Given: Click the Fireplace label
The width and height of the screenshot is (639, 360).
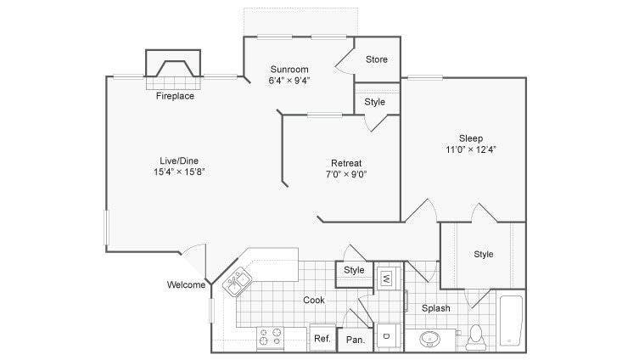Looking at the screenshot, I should pos(175,96).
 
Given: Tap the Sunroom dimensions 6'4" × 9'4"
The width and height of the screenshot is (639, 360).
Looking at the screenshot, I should pos(289,82).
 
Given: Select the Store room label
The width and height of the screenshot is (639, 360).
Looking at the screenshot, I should pos(377,59).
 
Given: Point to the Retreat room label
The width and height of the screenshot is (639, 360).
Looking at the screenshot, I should pos(346,163).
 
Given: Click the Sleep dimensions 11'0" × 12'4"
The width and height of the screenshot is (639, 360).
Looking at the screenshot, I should pos(471,149).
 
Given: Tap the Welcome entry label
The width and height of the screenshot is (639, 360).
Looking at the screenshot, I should pos(186,284).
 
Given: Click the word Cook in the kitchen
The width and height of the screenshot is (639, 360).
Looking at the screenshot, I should pos(315,299).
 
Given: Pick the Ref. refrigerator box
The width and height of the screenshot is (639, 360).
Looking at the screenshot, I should pos(322,338).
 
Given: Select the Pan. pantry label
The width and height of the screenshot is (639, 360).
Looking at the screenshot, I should pos(355,339).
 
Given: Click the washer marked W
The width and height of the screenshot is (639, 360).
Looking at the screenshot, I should pos(386,277).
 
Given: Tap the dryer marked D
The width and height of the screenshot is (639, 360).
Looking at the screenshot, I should pos(386,336).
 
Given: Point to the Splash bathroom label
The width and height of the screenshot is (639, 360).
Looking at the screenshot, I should pos(436,308).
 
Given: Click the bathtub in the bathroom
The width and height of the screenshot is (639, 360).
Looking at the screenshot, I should pos(511,320).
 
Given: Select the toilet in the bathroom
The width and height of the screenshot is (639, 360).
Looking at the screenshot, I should pos(476,335).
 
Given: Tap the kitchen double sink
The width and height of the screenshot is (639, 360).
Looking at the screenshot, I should pos(237,280).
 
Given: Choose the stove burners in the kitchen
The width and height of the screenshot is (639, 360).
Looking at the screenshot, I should pos(270,338).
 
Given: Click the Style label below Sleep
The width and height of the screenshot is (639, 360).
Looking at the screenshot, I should pos(484,254).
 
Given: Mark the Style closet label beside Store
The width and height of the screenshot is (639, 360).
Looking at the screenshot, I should pos(375,102).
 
